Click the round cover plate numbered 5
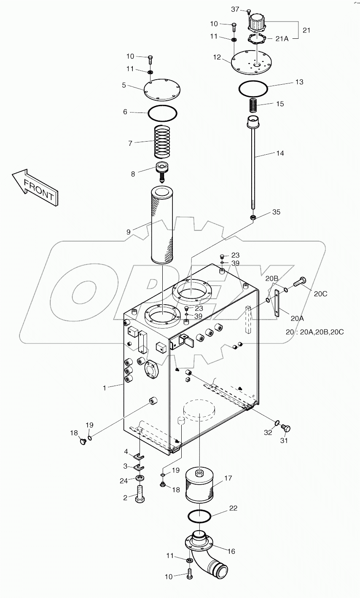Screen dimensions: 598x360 [x=162, y=89]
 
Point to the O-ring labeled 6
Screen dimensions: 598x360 [x=162, y=113]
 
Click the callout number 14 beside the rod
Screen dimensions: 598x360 [x=280, y=153]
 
